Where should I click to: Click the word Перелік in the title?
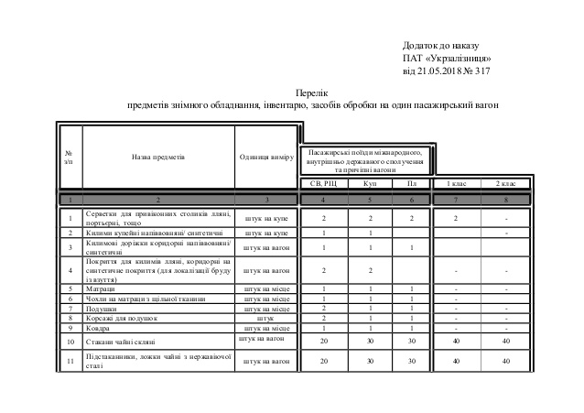[313, 93]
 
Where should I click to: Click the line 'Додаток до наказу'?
[441, 45]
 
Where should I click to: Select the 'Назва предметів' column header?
[158, 157]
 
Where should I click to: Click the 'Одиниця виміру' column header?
[265, 157]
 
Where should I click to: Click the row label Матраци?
[101, 288]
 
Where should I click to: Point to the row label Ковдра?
[99, 327]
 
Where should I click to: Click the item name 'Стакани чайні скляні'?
[120, 342]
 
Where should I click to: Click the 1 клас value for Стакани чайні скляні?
[456, 342]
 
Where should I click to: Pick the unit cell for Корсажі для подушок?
[265, 318]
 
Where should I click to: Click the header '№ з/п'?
[70, 157]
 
